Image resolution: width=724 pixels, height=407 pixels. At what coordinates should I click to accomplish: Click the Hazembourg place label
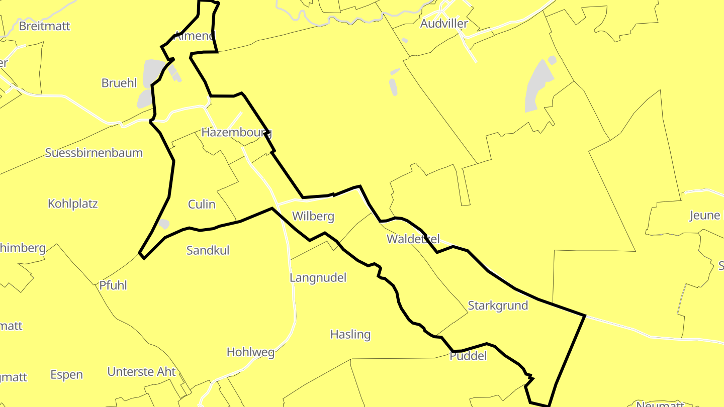236,133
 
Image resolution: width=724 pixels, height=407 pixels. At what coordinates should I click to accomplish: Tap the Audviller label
444,24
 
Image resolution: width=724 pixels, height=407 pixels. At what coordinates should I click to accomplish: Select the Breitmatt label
45,26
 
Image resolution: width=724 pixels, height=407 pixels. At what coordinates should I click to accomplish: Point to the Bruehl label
119,83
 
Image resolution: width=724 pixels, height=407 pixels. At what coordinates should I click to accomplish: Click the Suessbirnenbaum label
94,153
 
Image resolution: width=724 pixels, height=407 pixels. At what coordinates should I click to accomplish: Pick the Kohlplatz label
73,204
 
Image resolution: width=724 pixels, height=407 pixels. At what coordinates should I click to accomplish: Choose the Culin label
202,205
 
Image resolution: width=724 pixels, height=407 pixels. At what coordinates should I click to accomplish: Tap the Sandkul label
208,250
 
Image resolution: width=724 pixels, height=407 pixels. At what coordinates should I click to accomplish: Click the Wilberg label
313,217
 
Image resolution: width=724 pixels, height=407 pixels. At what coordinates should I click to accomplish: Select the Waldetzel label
413,239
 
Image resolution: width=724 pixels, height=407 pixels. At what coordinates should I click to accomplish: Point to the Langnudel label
318,278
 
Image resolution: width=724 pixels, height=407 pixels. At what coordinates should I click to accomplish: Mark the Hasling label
350,335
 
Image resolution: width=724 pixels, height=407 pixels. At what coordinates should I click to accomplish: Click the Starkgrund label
498,306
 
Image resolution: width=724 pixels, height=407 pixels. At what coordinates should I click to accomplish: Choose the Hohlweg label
251,352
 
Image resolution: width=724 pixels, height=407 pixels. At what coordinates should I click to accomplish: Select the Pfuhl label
113,285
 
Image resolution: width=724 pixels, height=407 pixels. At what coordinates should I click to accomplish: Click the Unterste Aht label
142,372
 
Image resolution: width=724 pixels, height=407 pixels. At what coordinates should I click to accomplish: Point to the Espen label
66,375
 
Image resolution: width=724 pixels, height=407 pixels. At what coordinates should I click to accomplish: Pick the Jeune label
705,216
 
